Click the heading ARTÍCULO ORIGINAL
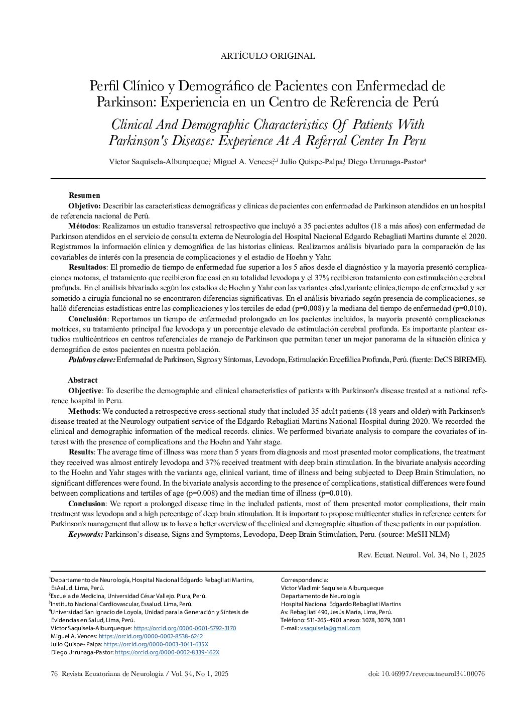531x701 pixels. coord(268,56)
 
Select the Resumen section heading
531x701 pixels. coord(84,195)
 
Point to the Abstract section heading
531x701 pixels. coord(83,380)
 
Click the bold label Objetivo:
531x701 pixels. coord(84,206)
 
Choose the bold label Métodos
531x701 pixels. coord(83,225)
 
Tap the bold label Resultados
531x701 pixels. coord(87,267)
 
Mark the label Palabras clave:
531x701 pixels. coord(91,360)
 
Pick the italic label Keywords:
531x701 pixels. coord(85,534)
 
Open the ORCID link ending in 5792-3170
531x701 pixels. coord(185,628)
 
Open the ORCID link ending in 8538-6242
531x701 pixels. coord(151,636)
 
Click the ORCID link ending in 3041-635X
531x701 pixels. coord(156,644)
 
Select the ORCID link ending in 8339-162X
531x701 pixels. coord(167,652)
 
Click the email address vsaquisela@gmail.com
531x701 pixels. coord(330,628)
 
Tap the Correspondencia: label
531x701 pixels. coord(304,580)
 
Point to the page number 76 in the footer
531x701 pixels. coord(55,674)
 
